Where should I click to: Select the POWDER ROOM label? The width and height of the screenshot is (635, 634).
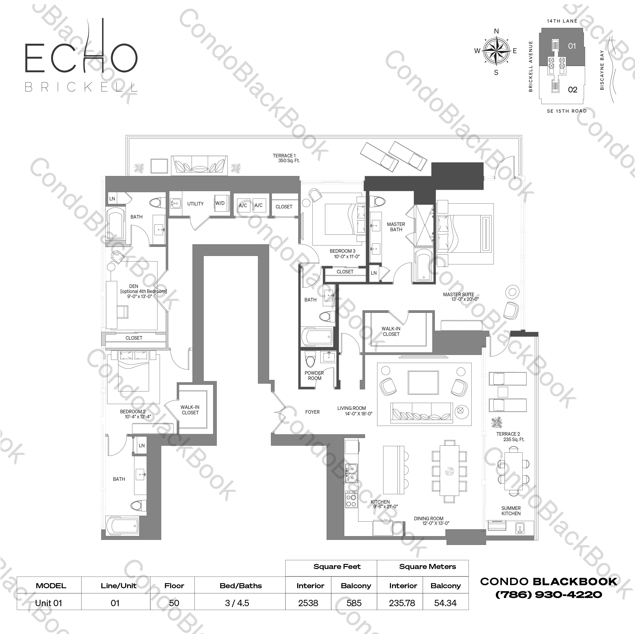(x=314, y=376)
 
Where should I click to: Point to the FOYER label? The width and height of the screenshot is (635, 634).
(x=312, y=412)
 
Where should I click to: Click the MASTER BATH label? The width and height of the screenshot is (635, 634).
(x=396, y=227)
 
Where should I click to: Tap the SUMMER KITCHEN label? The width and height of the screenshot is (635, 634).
(x=511, y=511)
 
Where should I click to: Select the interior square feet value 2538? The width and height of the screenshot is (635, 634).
(x=308, y=603)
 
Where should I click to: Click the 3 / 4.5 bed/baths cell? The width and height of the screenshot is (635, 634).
(x=237, y=603)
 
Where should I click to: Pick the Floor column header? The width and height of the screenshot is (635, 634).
(x=174, y=586)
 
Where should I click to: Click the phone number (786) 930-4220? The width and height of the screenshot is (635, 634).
(x=549, y=595)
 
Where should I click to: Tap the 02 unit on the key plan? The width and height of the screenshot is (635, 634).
(x=572, y=90)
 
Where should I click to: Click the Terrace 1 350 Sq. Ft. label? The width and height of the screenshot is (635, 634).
(x=285, y=158)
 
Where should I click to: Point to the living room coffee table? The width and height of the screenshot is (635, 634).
(x=423, y=383)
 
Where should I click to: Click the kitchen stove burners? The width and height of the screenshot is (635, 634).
(x=351, y=499)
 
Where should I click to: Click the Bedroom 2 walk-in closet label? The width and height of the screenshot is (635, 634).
(x=190, y=410)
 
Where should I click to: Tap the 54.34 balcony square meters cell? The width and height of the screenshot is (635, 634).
(x=445, y=603)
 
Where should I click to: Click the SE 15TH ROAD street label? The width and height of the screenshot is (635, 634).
(x=567, y=111)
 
